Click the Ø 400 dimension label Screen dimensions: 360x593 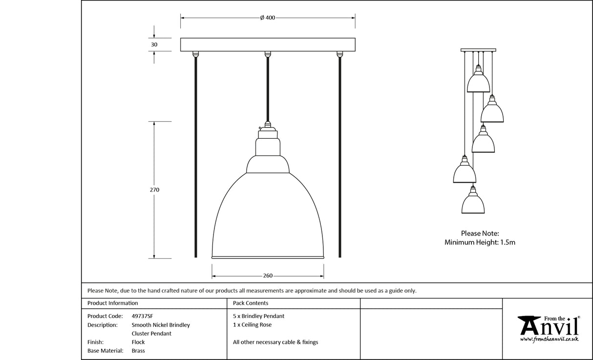pyautogui.click(x=268, y=18)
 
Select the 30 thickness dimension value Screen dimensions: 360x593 pyautogui.click(x=154, y=44)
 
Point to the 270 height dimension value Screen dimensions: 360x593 pyautogui.click(x=154, y=190)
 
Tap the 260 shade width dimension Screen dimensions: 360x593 pyautogui.click(x=268, y=276)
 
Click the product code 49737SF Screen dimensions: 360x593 pyautogui.click(x=142, y=316)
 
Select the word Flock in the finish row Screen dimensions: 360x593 pyautogui.click(x=138, y=342)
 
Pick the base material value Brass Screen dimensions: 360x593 pyautogui.click(x=138, y=351)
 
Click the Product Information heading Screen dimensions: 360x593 pyautogui.click(x=112, y=303)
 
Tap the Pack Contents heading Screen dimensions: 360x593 pyautogui.click(x=251, y=303)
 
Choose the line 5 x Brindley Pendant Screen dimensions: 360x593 pyautogui.click(x=258, y=316)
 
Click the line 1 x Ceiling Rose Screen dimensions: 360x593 pyautogui.click(x=252, y=325)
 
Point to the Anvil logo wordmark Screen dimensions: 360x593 pyautogui.click(x=548, y=326)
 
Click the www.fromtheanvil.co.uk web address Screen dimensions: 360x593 pyautogui.click(x=549, y=339)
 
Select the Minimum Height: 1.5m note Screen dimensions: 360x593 pyautogui.click(x=480, y=242)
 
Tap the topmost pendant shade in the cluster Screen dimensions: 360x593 pyautogui.click(x=478, y=83)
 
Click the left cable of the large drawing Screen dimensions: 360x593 pyautogui.click(x=196, y=156)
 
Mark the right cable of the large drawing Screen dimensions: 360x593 pyautogui.click(x=339, y=156)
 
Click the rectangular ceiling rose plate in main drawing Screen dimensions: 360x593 pyautogui.click(x=268, y=44)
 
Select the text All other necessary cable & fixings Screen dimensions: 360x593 pyautogui.click(x=275, y=342)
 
